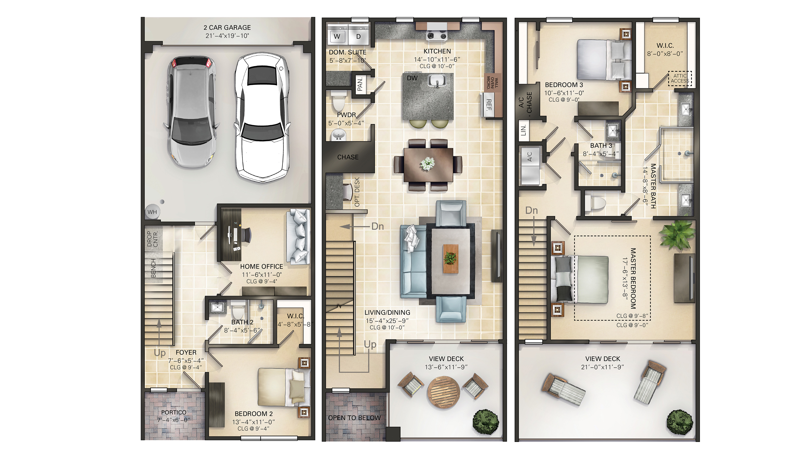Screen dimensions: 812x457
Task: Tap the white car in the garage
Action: click(262, 118)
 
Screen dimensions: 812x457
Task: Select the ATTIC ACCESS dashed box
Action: click(680, 79)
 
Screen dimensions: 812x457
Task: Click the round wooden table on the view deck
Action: click(443, 393)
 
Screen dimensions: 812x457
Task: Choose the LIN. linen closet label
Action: click(524, 130)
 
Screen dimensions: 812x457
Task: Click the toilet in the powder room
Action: click(339, 101)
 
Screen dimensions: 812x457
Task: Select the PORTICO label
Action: click(174, 412)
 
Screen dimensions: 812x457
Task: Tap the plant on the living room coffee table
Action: click(450, 258)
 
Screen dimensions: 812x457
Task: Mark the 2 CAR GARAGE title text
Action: click(227, 27)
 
